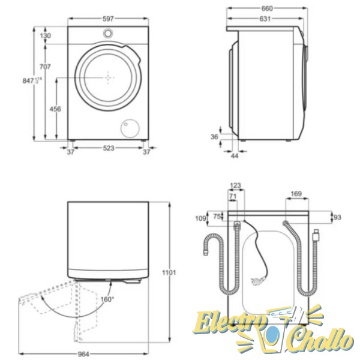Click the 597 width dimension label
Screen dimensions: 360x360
pos(108,19)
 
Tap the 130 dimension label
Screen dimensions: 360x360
pos(46,36)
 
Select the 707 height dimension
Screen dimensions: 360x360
pos(45,67)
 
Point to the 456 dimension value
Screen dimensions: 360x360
pos(55,109)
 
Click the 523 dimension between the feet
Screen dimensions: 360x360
pos(109,148)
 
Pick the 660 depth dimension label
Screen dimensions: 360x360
pos(267,8)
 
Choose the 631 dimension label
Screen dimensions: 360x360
pos(265,19)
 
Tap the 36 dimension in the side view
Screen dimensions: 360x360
pos(214,137)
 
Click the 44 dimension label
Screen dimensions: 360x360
pos(235,156)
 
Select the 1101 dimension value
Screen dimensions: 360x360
pos(169,272)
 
